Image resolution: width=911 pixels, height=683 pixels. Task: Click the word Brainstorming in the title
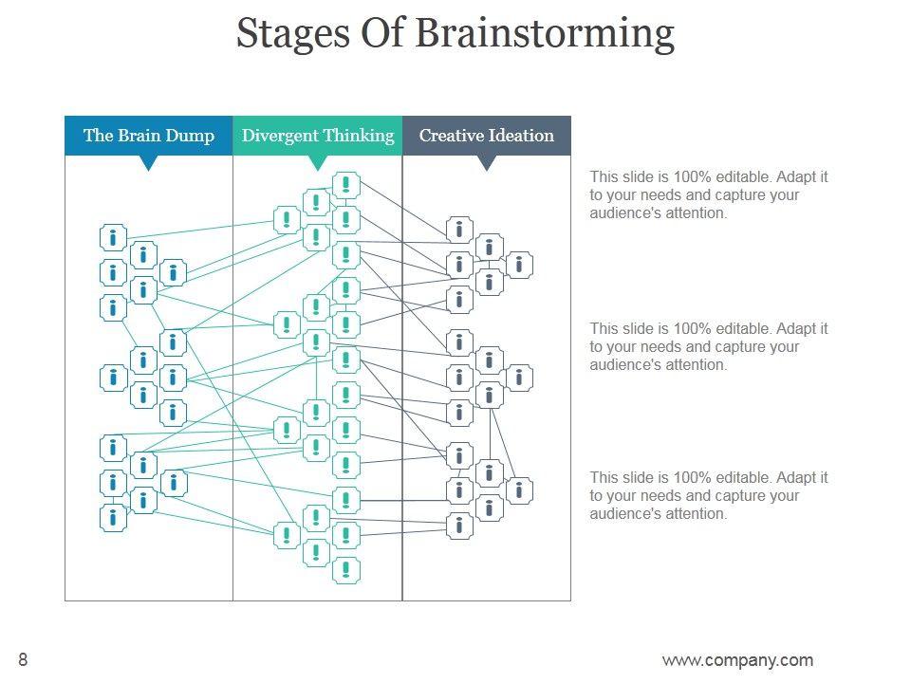pyautogui.click(x=545, y=34)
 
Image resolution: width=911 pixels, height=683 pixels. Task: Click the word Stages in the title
pyautogui.click(x=293, y=35)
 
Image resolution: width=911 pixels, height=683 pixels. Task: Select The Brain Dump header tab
pyautogui.click(x=149, y=136)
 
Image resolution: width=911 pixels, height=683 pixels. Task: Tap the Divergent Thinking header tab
pyautogui.click(x=318, y=136)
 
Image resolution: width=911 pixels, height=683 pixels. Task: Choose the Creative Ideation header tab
pyautogui.click(x=486, y=136)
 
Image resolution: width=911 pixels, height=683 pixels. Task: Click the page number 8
pyautogui.click(x=23, y=659)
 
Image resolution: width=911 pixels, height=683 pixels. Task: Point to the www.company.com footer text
pyautogui.click(x=737, y=660)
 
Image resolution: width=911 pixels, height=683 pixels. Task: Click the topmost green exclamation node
pyautogui.click(x=346, y=185)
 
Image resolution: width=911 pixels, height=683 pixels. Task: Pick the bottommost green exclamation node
pyautogui.click(x=346, y=570)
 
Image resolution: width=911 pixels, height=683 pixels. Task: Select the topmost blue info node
pyautogui.click(x=113, y=237)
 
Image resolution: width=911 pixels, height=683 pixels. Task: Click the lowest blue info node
pyautogui.click(x=113, y=518)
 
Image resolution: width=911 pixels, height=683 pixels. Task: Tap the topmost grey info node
pyautogui.click(x=459, y=230)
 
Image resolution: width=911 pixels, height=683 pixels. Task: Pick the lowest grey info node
pyautogui.click(x=459, y=526)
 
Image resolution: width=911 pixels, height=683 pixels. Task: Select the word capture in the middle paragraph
pyautogui.click(x=743, y=347)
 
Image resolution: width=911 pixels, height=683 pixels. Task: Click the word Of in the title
pyautogui.click(x=381, y=34)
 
